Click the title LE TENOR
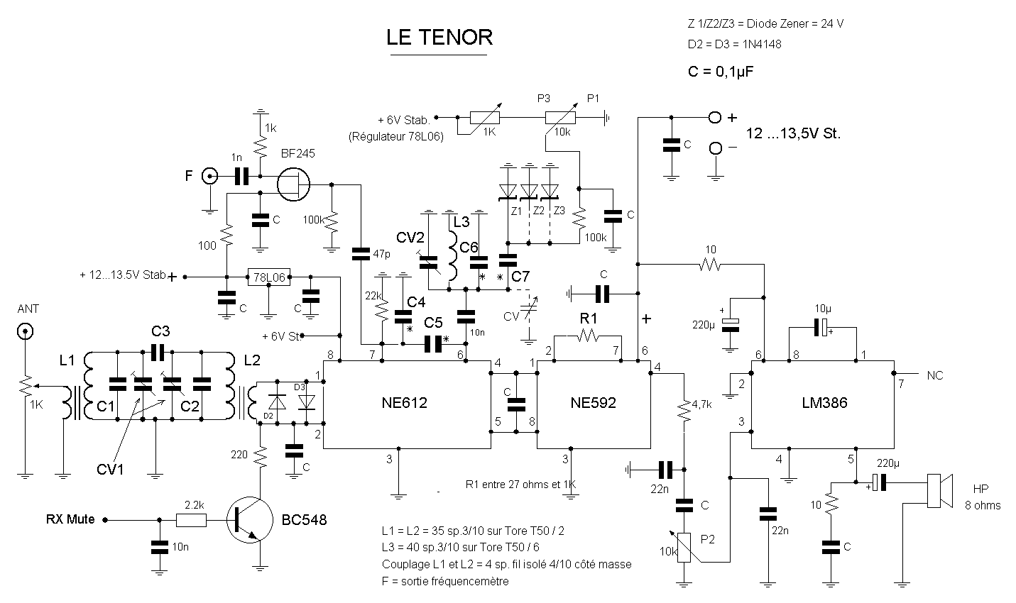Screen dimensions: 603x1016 click(439, 38)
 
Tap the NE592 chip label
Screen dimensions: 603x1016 click(593, 403)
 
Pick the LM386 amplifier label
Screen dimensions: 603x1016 click(823, 403)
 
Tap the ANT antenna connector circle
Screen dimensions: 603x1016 click(26, 331)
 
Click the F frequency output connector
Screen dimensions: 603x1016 click(209, 176)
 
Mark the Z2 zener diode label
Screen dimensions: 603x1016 click(539, 211)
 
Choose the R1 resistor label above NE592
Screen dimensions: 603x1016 click(589, 316)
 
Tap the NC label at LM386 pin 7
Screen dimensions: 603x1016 click(935, 375)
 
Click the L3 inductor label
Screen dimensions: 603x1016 click(461, 221)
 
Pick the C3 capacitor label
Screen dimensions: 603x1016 click(160, 331)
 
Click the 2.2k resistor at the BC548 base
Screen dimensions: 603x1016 click(190, 520)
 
